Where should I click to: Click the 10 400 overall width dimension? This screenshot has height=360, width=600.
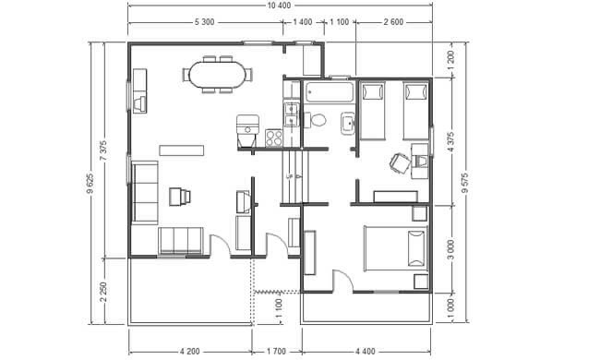[280, 6]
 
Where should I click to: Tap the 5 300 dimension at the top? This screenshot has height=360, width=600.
[204, 22]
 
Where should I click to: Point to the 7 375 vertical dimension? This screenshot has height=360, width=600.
[103, 151]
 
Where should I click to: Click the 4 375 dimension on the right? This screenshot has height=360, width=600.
[450, 142]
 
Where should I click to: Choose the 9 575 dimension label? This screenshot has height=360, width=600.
[465, 183]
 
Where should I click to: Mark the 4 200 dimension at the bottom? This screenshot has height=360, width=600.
[189, 351]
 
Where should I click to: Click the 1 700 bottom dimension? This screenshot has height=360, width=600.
[276, 351]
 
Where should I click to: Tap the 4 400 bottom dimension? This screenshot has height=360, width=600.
[365, 351]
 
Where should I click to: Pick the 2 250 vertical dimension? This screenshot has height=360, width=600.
[103, 292]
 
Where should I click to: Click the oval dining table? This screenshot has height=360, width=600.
[217, 74]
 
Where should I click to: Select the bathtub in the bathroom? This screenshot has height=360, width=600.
[330, 92]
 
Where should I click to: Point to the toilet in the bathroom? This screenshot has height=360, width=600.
[316, 120]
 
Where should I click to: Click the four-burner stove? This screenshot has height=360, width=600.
[274, 138]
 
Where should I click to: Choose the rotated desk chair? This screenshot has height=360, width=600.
[400, 163]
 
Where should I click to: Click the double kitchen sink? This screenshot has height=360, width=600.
[291, 114]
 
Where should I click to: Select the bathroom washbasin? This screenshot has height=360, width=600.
[348, 123]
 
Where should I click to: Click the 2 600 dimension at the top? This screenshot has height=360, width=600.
[393, 22]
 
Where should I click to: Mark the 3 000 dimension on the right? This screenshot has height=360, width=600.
[450, 249]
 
